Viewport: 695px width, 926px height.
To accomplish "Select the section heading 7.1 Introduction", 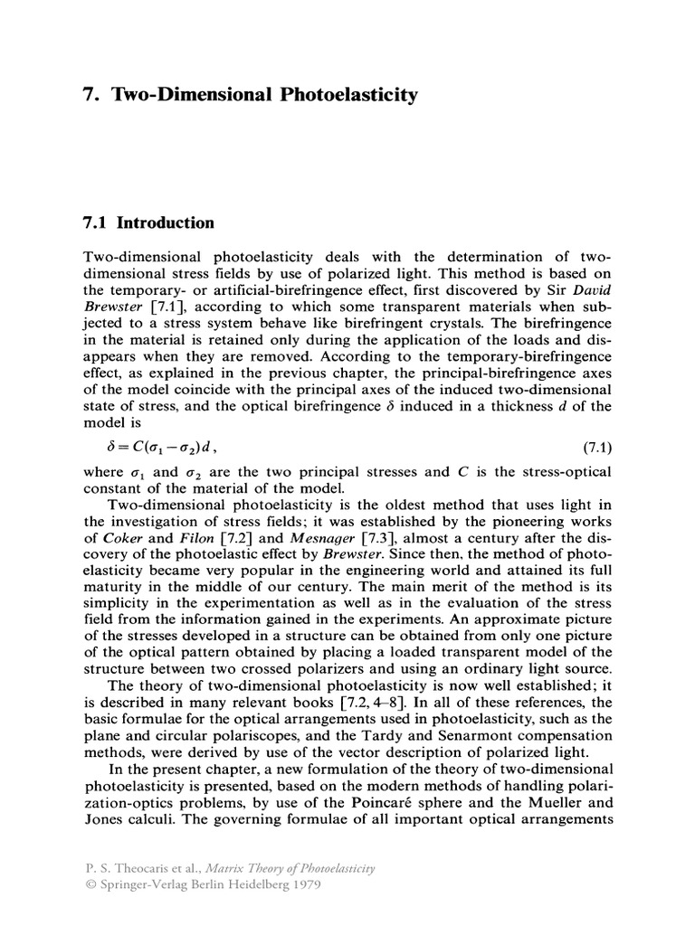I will [148, 223].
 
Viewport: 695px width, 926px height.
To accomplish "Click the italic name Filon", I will [190, 541].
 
